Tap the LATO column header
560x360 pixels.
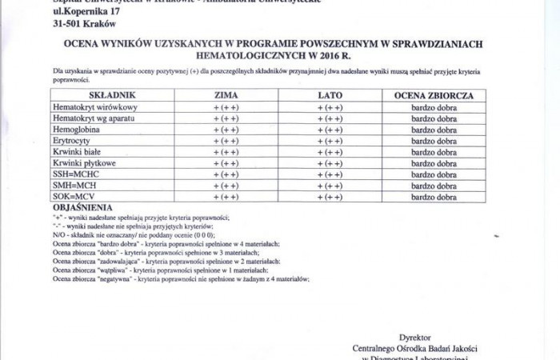[330, 95]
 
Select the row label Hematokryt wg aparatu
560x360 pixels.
[94, 118]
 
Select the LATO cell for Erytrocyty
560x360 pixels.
[330, 140]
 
